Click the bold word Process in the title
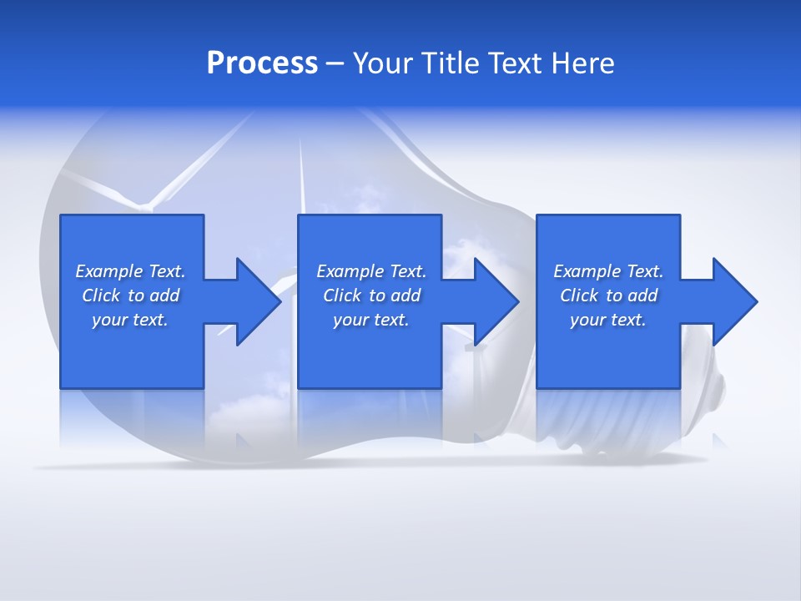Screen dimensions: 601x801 (262, 63)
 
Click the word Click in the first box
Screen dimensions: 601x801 (101, 295)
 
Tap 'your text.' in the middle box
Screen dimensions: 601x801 (370, 320)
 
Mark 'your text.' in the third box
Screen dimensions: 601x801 (607, 320)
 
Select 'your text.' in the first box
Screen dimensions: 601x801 (129, 320)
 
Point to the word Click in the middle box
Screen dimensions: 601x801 (342, 295)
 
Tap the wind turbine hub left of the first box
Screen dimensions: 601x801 (149, 205)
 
